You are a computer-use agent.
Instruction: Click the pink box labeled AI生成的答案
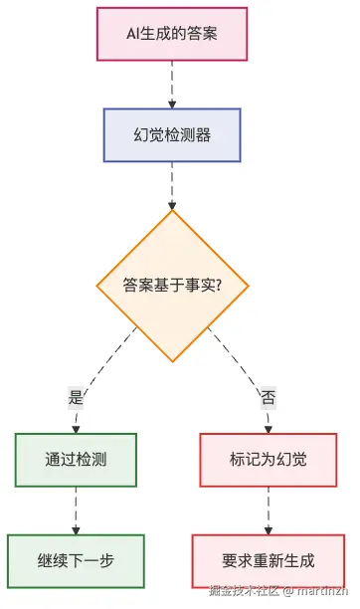click(172, 35)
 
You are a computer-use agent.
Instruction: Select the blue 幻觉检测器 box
click(172, 134)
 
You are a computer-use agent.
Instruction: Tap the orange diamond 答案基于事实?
click(172, 285)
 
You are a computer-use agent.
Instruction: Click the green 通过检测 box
click(76, 460)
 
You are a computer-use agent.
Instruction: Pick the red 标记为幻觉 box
click(268, 460)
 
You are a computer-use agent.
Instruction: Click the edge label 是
click(76, 396)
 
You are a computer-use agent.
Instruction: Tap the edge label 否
click(268, 396)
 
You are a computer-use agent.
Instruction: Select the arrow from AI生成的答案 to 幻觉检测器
click(172, 86)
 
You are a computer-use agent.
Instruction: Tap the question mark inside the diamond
click(216, 285)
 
